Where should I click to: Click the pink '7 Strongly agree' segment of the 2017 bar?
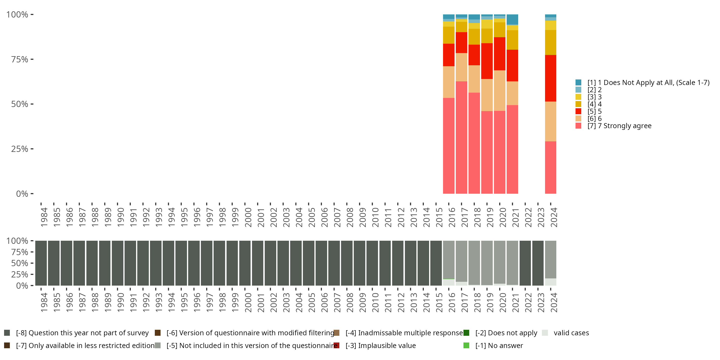(x=461, y=137)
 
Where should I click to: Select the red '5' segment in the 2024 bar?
(x=550, y=78)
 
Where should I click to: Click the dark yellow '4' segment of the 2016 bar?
(x=449, y=35)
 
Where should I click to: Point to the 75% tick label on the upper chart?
(x=20, y=59)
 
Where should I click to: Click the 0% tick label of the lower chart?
(x=22, y=286)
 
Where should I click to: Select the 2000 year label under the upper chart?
(x=248, y=217)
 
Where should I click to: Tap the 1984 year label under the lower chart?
(x=44, y=302)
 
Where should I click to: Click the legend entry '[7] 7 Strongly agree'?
(x=619, y=126)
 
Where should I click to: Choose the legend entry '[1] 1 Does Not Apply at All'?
(x=648, y=83)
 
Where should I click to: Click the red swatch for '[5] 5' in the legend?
(x=578, y=111)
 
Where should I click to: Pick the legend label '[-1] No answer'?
(x=499, y=345)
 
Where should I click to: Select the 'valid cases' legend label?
(x=571, y=333)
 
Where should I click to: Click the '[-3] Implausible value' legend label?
(x=380, y=345)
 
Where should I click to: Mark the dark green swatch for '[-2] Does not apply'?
(x=466, y=333)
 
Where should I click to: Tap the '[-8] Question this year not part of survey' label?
(x=82, y=333)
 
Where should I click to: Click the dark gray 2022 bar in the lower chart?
(x=525, y=263)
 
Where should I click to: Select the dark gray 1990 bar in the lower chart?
(x=117, y=263)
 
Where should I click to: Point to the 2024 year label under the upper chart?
(x=554, y=217)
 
